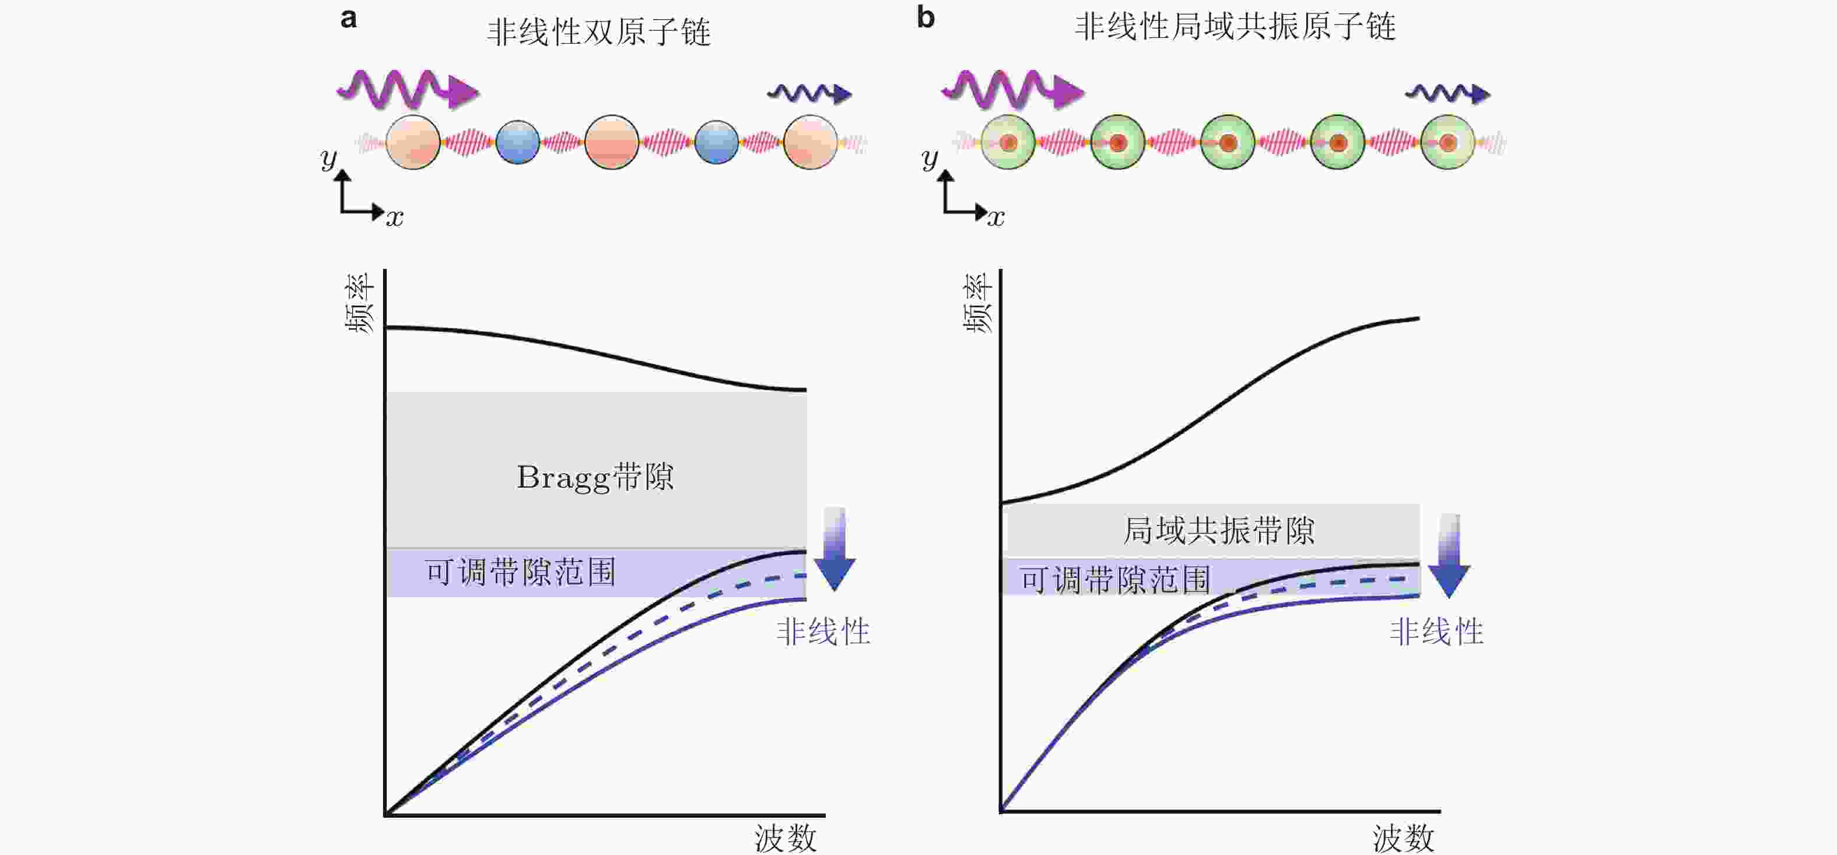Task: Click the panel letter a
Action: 349,19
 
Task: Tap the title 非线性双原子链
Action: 598,32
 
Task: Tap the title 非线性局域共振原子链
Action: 1235,27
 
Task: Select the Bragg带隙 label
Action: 595,477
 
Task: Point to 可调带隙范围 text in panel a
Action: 521,572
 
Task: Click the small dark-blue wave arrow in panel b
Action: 1447,93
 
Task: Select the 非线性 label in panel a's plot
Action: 823,632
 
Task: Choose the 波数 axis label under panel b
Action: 1404,838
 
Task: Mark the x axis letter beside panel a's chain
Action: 394,217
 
